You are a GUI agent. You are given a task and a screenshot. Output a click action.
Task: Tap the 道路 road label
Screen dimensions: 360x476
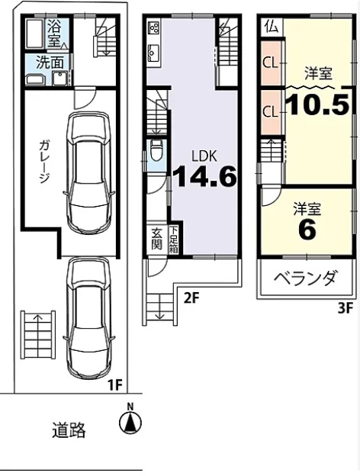pyautogui.click(x=69, y=429)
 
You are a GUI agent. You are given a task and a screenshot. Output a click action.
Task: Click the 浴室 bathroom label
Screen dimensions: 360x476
pyautogui.click(x=55, y=34)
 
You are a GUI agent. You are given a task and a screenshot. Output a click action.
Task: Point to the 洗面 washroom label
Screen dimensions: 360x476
pyautogui.click(x=50, y=63)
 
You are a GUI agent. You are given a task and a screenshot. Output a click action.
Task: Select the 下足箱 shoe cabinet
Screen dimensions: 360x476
pyautogui.click(x=173, y=240)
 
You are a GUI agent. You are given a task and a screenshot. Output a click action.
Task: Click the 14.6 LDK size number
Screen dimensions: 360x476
pyautogui.click(x=204, y=177)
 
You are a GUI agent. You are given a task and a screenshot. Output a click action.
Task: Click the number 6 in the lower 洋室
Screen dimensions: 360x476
pyautogui.click(x=307, y=229)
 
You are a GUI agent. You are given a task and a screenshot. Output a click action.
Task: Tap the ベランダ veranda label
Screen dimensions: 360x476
pyautogui.click(x=306, y=278)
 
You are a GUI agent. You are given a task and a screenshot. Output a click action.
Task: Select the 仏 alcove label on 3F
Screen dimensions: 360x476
pyautogui.click(x=272, y=27)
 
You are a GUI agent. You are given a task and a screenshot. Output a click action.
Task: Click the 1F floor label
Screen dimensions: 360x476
pyautogui.click(x=115, y=385)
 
